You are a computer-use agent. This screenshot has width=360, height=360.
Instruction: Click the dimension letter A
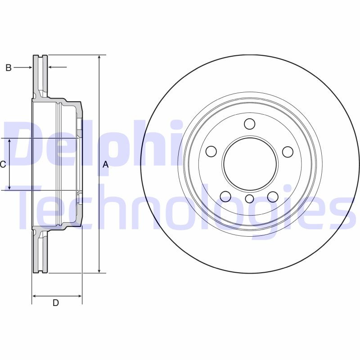click(106, 164)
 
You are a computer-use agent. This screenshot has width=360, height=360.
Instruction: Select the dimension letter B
click(8, 67)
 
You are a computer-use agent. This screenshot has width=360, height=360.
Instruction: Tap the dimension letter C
click(3, 164)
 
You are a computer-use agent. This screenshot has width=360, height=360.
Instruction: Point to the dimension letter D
click(55, 303)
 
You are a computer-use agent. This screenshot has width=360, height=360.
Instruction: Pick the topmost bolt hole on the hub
click(249, 124)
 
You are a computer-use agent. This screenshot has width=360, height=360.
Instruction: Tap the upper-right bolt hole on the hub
click(288, 152)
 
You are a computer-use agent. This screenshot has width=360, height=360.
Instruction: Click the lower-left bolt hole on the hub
click(225, 196)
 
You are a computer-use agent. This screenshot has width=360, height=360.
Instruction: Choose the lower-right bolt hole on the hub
click(273, 196)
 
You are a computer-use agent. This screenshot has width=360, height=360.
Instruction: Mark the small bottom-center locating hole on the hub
click(249, 199)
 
